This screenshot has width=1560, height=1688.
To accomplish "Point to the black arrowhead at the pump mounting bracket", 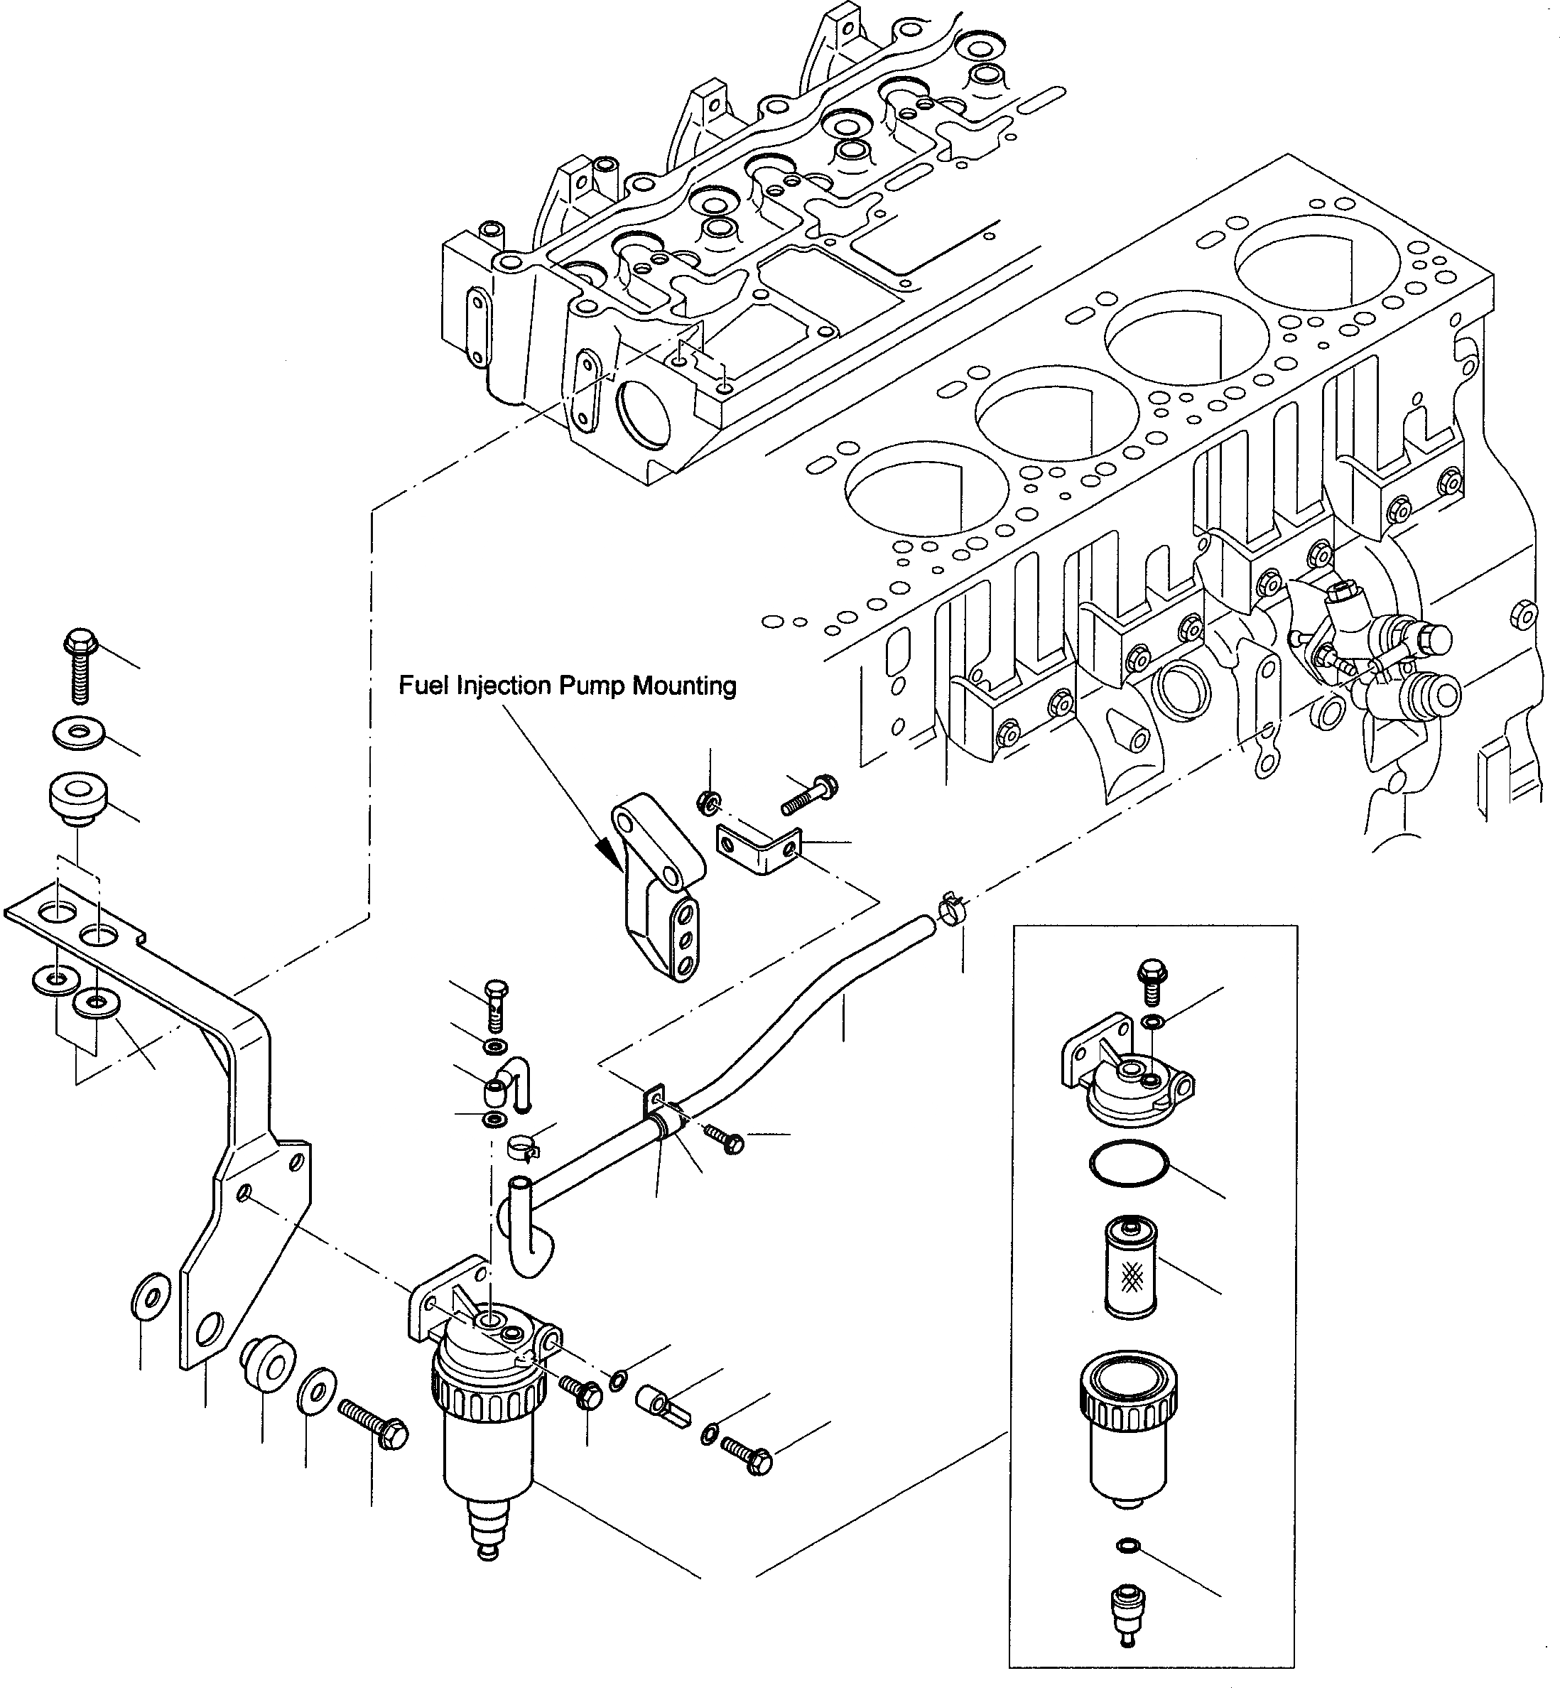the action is (x=610, y=853).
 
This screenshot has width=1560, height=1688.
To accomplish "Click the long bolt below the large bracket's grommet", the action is (x=373, y=1422).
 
